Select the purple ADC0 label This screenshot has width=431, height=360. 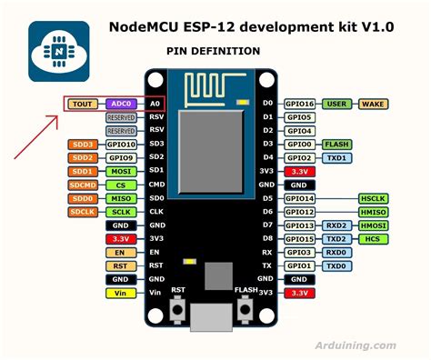coord(121,105)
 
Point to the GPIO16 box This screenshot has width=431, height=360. coord(300,105)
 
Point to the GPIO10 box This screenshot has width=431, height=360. coord(121,145)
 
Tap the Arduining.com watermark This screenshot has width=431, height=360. coord(359,345)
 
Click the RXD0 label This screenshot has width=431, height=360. coord(337,253)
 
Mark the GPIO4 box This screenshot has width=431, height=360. coord(300,131)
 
